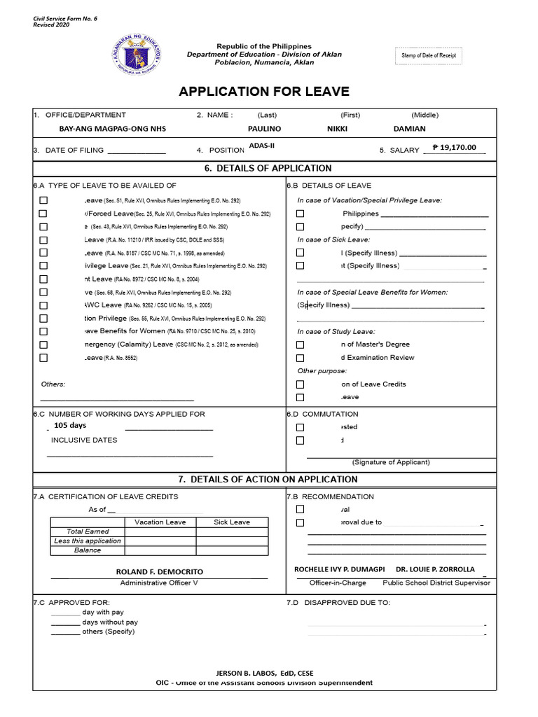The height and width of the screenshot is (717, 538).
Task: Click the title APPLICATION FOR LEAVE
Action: point(264,92)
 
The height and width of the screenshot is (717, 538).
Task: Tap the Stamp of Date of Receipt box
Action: point(429,55)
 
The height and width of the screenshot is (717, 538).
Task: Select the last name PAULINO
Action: point(264,129)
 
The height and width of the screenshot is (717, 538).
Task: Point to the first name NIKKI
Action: point(337,129)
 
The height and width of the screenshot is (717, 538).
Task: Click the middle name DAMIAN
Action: point(409,129)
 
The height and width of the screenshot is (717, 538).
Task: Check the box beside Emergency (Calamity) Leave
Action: point(43,344)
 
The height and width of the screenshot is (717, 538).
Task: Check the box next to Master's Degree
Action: point(300,344)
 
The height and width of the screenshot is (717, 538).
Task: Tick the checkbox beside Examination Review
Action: point(300,358)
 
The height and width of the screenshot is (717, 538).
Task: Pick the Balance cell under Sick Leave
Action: point(231,550)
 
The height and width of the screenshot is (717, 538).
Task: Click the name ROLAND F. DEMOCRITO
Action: point(159,572)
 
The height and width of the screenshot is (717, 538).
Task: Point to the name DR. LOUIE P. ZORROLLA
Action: point(435,569)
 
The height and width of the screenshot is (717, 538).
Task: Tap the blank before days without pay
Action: point(65,622)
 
